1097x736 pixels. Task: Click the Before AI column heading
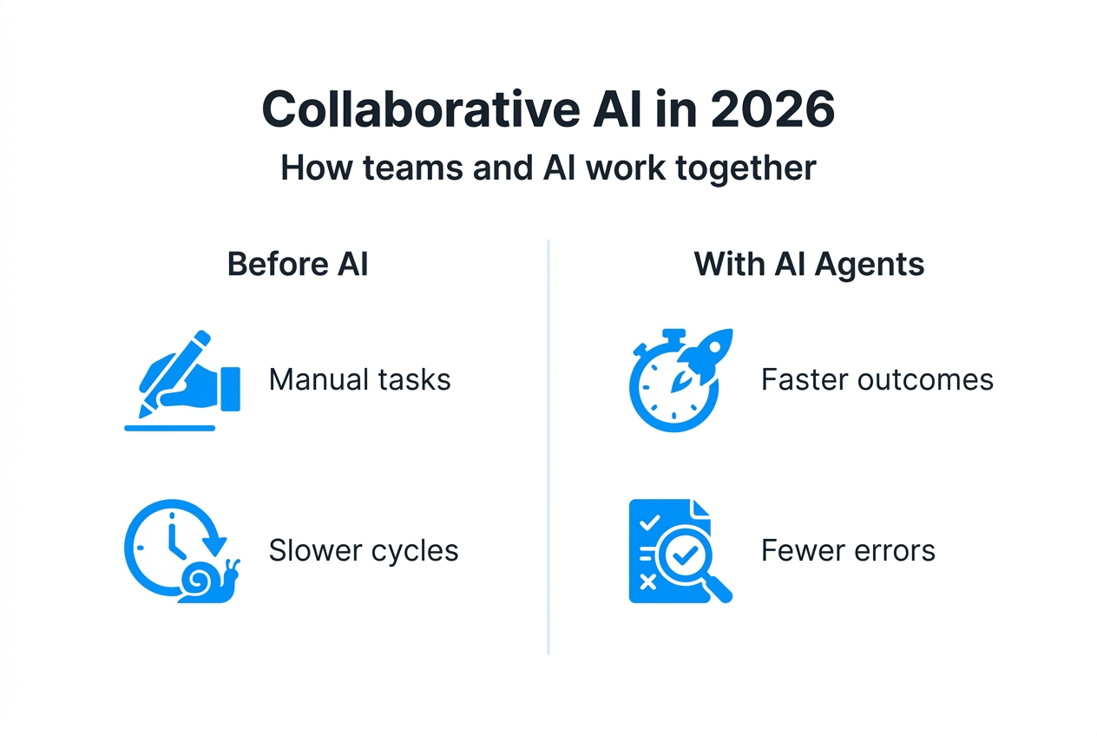pos(298,264)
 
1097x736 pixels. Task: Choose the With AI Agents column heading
pos(809,264)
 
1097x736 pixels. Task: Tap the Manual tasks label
pos(359,379)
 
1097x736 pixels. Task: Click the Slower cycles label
pos(364,550)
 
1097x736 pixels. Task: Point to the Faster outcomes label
pos(877,379)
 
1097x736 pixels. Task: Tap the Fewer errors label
pos(848,550)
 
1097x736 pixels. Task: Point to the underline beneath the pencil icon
pos(169,427)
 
